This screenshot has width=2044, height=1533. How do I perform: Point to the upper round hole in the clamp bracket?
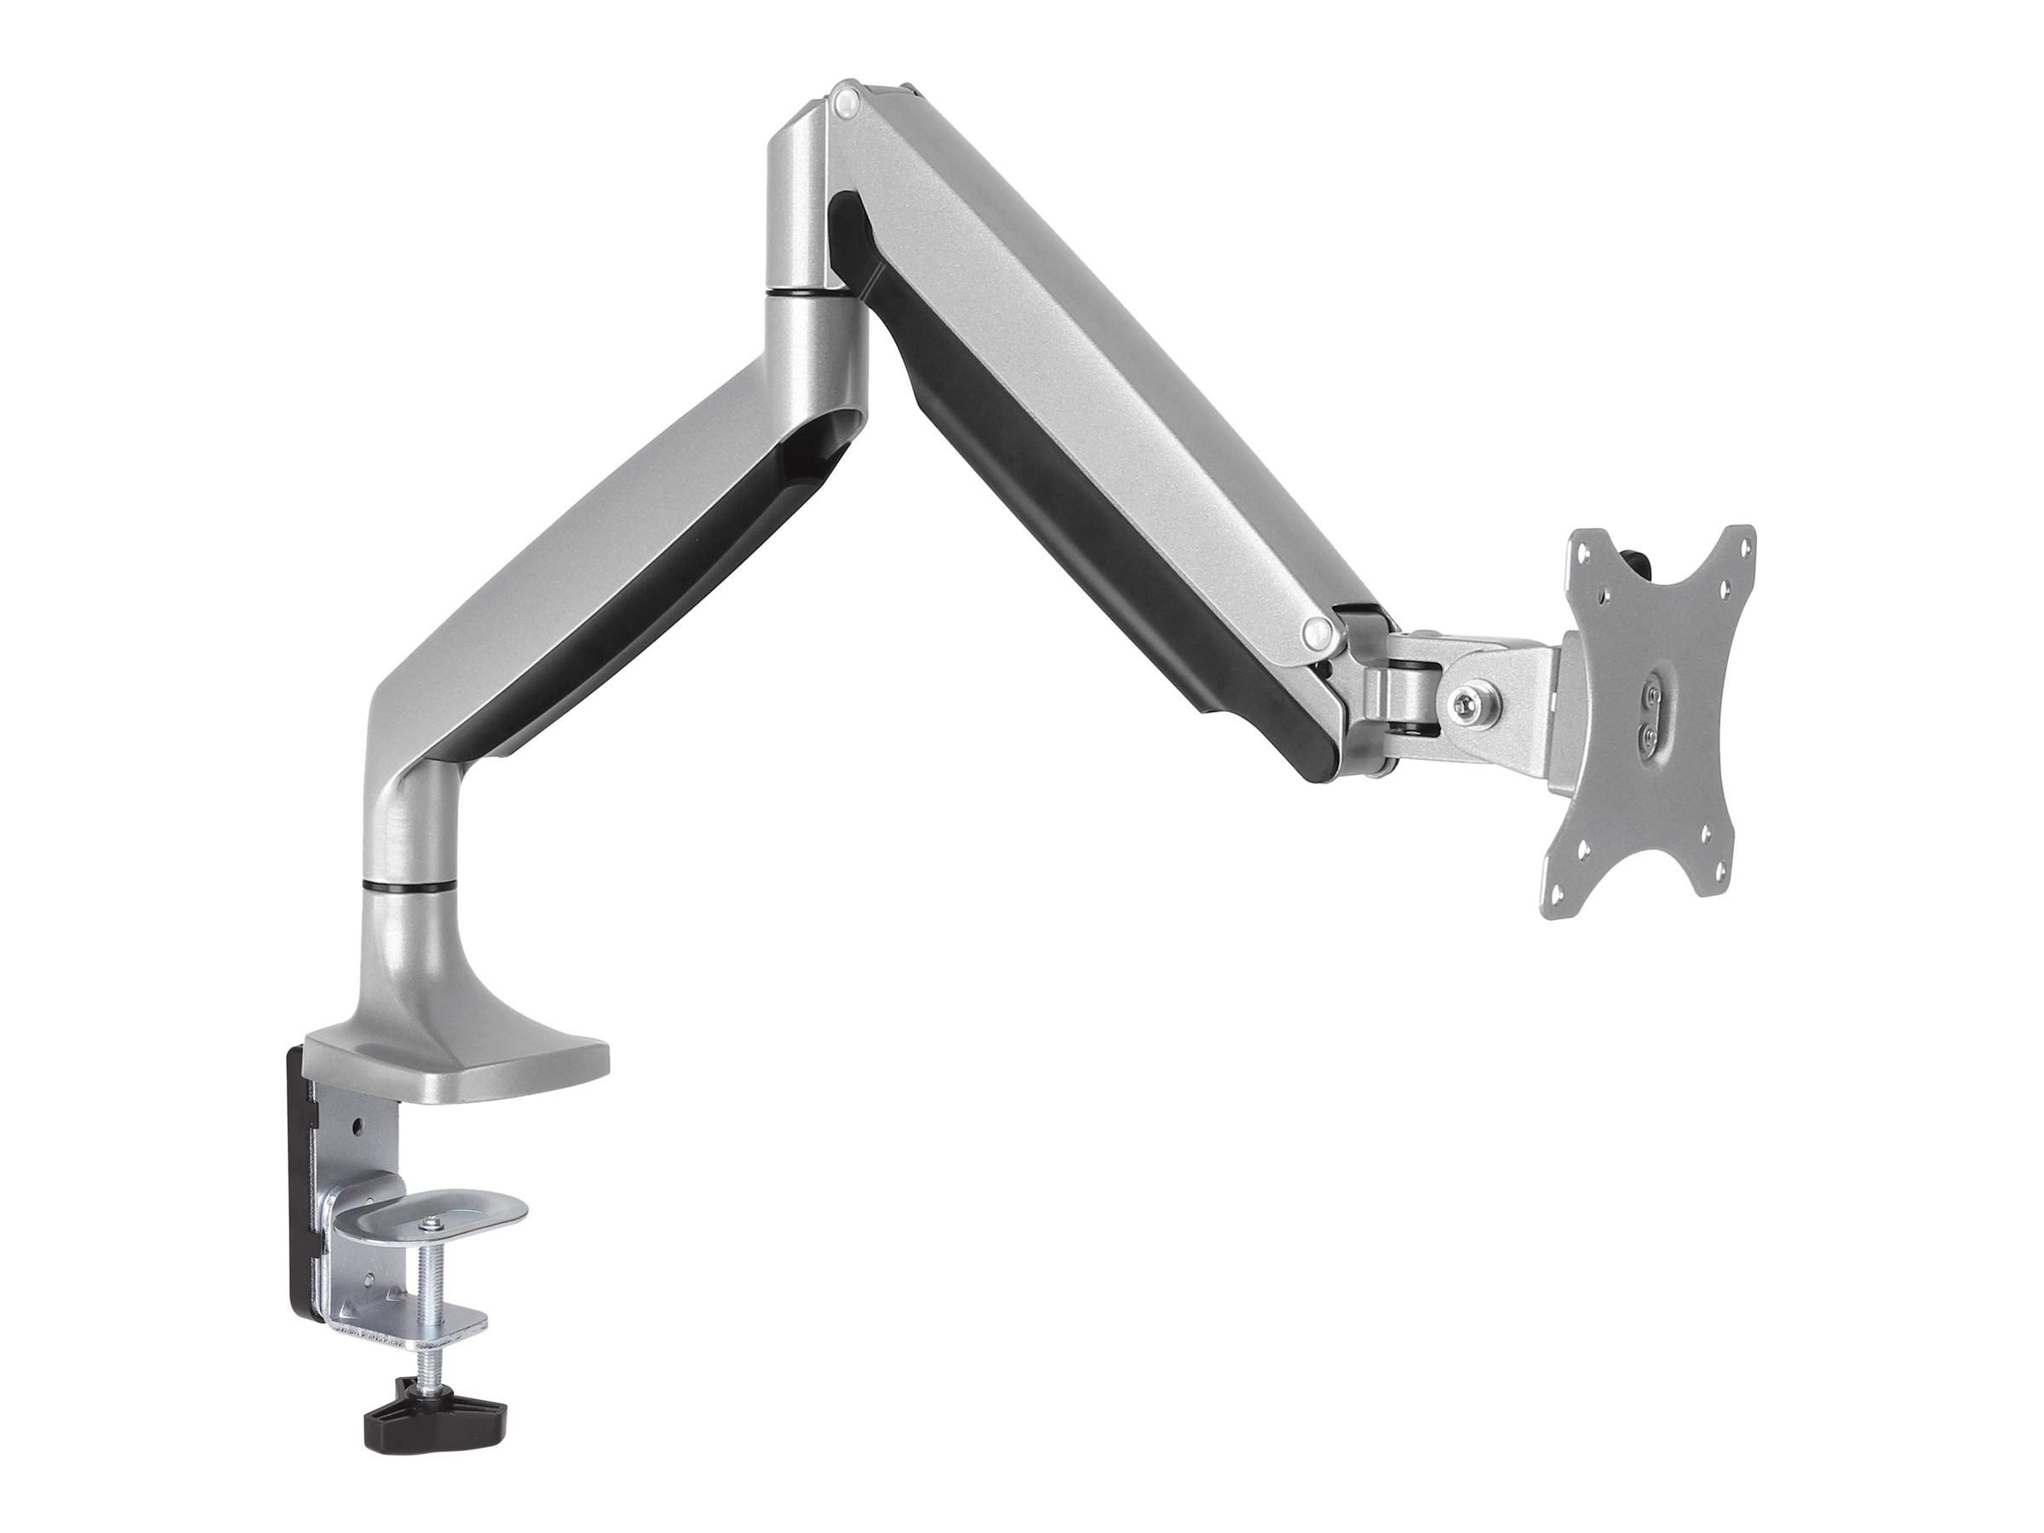pos(359,1130)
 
